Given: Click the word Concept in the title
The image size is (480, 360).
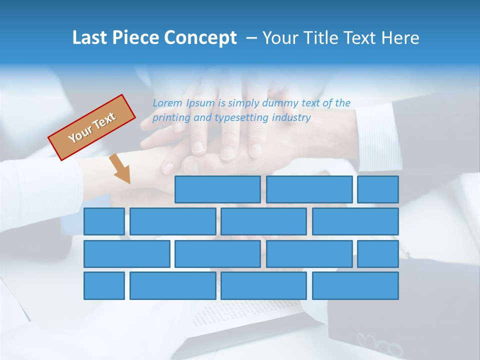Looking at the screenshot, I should click(x=201, y=38).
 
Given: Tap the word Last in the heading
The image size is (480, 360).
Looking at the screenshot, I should click(x=90, y=38).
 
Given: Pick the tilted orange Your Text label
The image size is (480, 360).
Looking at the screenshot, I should click(x=92, y=127).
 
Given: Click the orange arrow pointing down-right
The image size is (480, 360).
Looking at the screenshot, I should click(x=120, y=169).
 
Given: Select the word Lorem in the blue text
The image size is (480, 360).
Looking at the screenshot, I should click(x=167, y=103).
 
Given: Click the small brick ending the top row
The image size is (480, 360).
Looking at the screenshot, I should click(x=378, y=189).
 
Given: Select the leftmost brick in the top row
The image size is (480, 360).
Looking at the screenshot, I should click(x=217, y=189).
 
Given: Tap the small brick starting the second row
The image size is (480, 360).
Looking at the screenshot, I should click(x=104, y=221).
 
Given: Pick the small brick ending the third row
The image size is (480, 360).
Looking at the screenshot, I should click(x=378, y=254).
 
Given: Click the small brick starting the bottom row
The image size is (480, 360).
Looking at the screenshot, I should click(x=104, y=286).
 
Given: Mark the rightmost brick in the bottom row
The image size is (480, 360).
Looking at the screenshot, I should click(x=355, y=286).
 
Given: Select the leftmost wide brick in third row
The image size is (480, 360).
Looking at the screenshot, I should click(x=127, y=254).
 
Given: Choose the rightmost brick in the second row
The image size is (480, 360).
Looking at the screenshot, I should click(x=355, y=221).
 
